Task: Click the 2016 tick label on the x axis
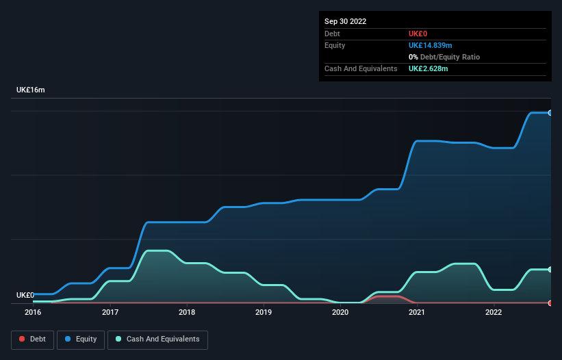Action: click(33, 313)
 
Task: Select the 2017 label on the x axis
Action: click(110, 313)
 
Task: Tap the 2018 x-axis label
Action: click(186, 313)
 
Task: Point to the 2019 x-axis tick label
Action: click(264, 313)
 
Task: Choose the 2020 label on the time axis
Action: click(340, 313)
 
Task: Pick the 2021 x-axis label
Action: click(417, 313)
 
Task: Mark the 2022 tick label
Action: click(494, 313)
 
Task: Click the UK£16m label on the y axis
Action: click(31, 90)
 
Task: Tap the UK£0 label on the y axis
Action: click(25, 295)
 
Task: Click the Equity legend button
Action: click(81, 339)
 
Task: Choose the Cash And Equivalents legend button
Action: click(157, 339)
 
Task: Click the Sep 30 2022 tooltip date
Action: click(346, 21)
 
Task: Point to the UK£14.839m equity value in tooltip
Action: click(431, 45)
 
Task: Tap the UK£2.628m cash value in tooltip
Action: click(429, 68)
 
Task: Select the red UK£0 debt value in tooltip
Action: click(418, 34)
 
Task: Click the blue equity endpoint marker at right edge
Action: click(550, 112)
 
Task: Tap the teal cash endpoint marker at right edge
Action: click(550, 269)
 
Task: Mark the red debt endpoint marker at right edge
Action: click(550, 303)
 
